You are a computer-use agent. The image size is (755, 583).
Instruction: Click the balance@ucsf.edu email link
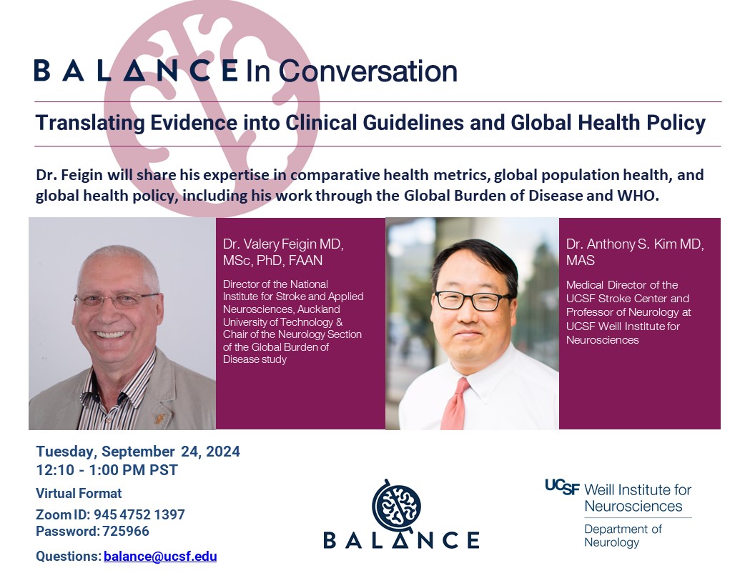160,556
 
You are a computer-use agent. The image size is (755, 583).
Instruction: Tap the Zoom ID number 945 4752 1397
139,514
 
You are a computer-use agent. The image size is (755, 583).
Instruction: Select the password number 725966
126,531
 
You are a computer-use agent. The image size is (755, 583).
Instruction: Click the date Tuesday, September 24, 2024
138,452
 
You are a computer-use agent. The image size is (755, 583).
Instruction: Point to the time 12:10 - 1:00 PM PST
107,470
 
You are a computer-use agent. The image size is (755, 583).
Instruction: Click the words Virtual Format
79,494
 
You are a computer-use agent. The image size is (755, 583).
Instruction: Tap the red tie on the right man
455,404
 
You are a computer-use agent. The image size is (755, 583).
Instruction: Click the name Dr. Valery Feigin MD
282,244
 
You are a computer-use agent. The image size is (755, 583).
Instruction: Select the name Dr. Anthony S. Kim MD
635,244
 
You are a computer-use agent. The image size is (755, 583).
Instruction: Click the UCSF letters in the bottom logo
563,487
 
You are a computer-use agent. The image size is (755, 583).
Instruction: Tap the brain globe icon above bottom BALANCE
396,505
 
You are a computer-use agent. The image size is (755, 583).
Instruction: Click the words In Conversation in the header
352,71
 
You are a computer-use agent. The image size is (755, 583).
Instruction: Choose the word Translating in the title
90,123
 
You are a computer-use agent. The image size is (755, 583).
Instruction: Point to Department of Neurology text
623,536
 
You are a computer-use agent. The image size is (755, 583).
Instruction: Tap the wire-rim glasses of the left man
117,299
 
